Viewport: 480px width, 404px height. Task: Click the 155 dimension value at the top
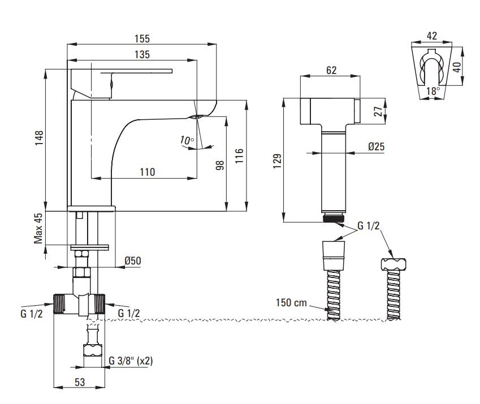pos(142,38)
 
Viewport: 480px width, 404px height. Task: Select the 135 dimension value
pos(142,55)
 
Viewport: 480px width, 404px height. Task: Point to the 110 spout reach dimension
pos(147,172)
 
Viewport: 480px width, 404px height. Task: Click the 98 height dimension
pos(220,165)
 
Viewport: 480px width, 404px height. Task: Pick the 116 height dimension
pos(239,155)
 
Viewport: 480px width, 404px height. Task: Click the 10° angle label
pos(186,140)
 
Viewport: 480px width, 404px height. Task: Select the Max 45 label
pos(38,228)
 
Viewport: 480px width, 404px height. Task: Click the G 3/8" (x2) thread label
pos(131,360)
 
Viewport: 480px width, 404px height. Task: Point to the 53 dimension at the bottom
pos(79,383)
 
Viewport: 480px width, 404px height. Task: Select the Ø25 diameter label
pos(376,146)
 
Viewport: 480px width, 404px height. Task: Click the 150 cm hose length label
pos(292,302)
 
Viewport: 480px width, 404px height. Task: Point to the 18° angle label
pos(433,90)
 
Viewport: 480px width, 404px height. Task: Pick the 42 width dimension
pos(432,36)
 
